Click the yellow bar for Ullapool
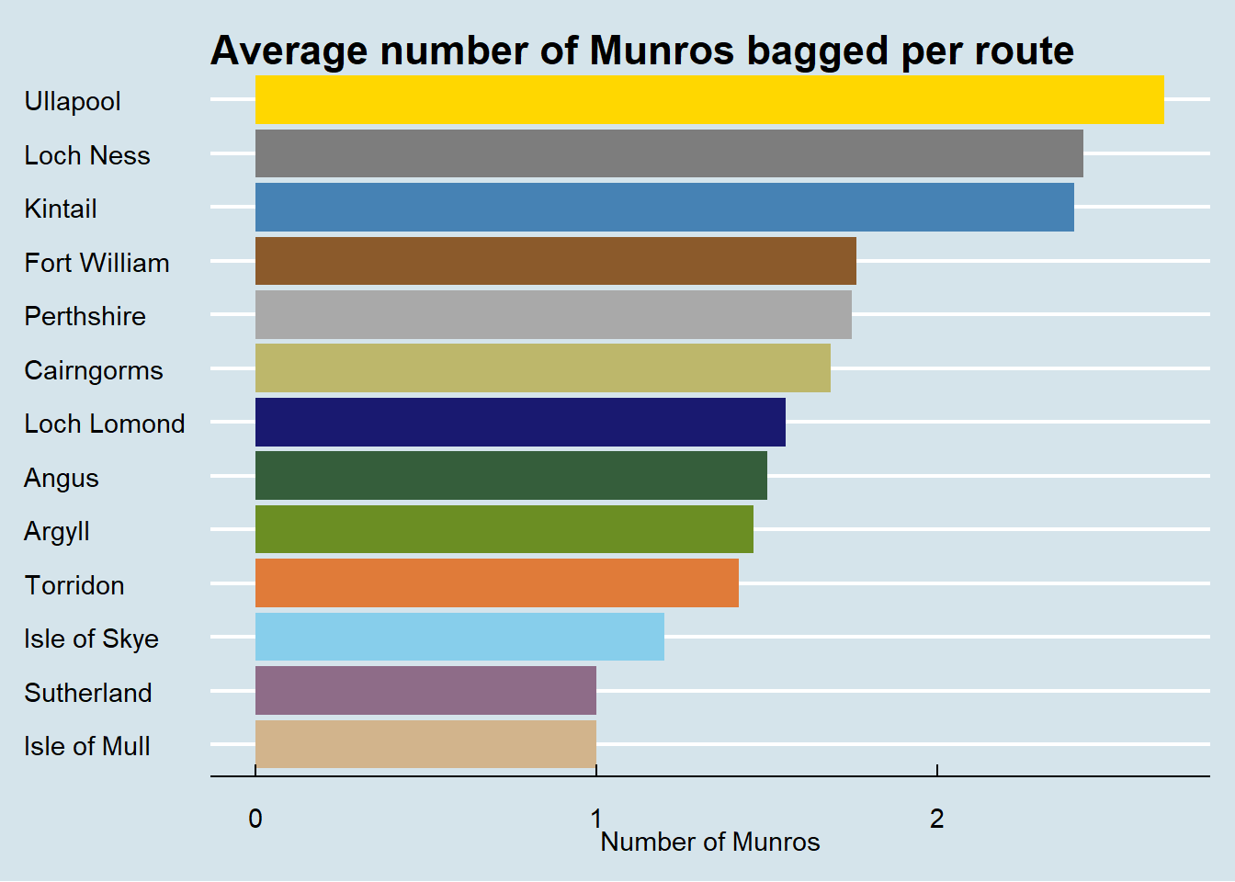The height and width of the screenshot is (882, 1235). (709, 99)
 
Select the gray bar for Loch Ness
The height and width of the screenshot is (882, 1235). (669, 153)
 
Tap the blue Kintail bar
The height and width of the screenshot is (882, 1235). (664, 207)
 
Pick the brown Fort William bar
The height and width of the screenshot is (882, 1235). (556, 261)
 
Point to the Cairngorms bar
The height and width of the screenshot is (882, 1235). (543, 368)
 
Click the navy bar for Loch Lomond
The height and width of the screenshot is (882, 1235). (520, 422)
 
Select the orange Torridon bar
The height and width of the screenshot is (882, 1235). (497, 583)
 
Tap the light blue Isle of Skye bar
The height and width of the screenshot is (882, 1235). (459, 637)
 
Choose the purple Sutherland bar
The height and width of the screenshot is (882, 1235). (425, 690)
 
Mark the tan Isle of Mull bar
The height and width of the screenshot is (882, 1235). (425, 744)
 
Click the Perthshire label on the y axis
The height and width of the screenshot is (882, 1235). (85, 316)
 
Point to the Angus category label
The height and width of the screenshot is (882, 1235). (62, 478)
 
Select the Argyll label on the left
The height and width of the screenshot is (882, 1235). (57, 532)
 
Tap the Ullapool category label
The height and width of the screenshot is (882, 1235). (73, 101)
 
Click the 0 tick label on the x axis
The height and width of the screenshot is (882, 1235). (255, 818)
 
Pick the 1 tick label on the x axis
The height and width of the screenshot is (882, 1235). (595, 818)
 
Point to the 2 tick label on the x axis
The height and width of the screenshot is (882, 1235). (936, 818)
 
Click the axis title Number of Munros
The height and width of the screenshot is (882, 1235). (710, 842)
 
